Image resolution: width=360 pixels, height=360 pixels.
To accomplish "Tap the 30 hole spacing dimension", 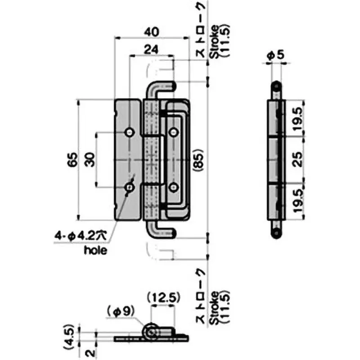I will (x=90, y=159).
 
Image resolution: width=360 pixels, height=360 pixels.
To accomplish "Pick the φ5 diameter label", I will (x=275, y=55).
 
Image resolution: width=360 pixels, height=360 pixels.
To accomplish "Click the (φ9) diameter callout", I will (x=119, y=310).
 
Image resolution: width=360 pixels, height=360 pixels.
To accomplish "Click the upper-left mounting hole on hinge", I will (x=130, y=132).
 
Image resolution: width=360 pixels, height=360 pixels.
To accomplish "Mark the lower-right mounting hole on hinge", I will (x=174, y=187).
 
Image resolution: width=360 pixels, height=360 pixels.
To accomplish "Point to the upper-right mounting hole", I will (x=174, y=132).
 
